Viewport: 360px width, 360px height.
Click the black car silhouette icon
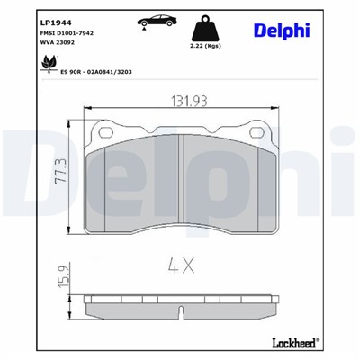point(148,22)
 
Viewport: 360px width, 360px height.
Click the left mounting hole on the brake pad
point(107,133)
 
